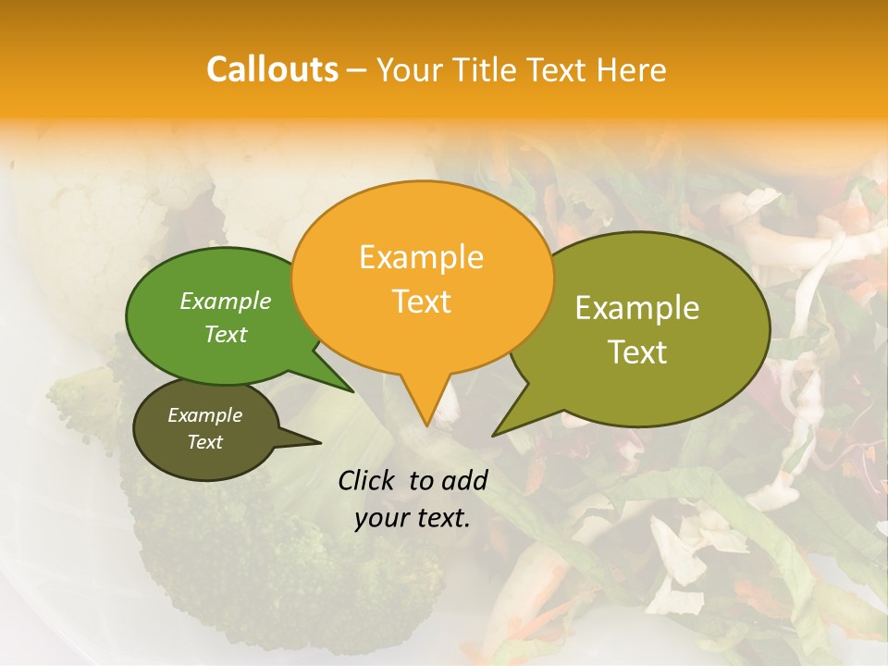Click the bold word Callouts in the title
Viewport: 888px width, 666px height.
point(272,69)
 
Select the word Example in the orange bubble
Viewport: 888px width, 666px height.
point(421,257)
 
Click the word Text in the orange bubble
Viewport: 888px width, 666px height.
point(421,302)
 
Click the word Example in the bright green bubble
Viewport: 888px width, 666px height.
point(226,301)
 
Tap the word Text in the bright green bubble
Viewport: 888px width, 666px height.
point(226,334)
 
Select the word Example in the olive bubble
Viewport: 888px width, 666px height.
point(637,308)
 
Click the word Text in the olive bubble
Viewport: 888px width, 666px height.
point(637,352)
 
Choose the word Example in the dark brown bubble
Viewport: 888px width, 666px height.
point(204,415)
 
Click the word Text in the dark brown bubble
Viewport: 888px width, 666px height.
point(204,442)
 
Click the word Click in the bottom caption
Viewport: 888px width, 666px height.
point(368,480)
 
